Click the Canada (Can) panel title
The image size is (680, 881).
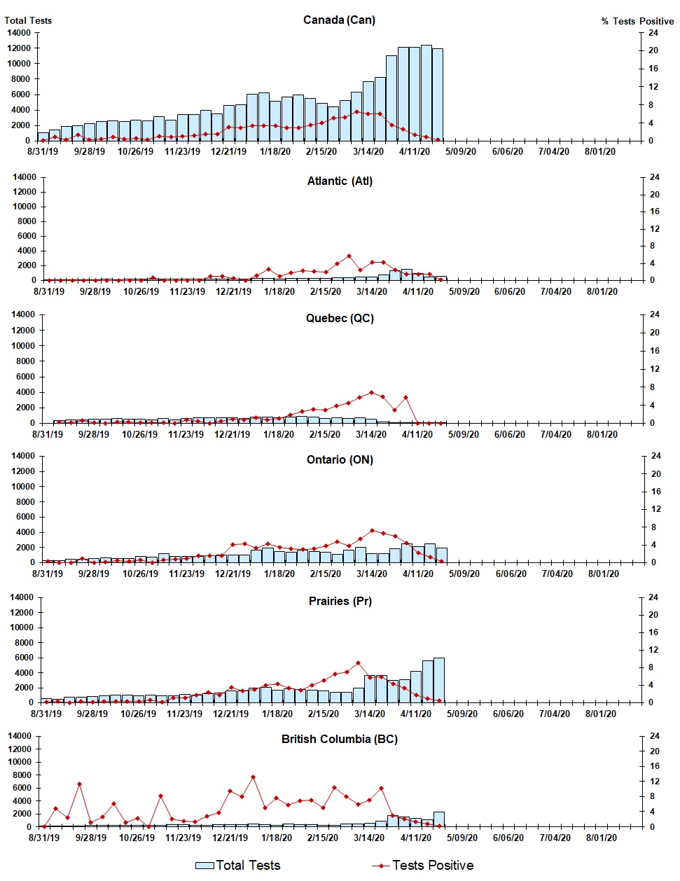pos(339,20)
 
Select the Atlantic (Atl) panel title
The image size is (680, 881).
pos(340,181)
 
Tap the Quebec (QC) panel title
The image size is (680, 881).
pos(340,318)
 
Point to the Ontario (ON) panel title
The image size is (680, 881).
pos(340,459)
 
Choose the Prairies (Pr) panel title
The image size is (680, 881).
pos(340,601)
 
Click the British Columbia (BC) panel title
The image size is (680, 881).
pos(340,739)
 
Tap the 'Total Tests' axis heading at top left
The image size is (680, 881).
pos(28,20)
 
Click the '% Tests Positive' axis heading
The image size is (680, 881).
pos(637,21)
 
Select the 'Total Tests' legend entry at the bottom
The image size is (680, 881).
pos(238,866)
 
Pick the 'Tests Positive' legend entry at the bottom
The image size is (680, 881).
pos(423,866)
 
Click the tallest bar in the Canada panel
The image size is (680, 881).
pos(426,92)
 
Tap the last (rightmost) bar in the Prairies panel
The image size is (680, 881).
pos(439,679)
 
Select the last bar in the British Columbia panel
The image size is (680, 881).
pos(439,819)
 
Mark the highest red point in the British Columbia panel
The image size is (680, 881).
pos(253,777)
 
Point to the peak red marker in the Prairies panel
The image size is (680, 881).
pos(358,663)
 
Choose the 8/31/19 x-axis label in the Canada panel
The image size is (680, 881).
pos(43,151)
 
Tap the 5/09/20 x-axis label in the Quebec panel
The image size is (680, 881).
pos(464,434)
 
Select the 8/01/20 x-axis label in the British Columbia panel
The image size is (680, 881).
pos(601,838)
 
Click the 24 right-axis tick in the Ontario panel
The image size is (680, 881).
pos(656,456)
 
